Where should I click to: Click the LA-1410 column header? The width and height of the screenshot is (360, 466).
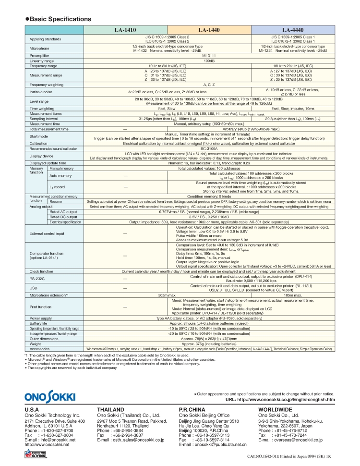point(126,30)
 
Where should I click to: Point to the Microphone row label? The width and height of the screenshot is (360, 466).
point(39,48)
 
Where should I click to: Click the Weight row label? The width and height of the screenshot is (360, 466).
point(35,344)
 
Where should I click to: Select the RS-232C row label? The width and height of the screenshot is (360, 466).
point(37,278)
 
